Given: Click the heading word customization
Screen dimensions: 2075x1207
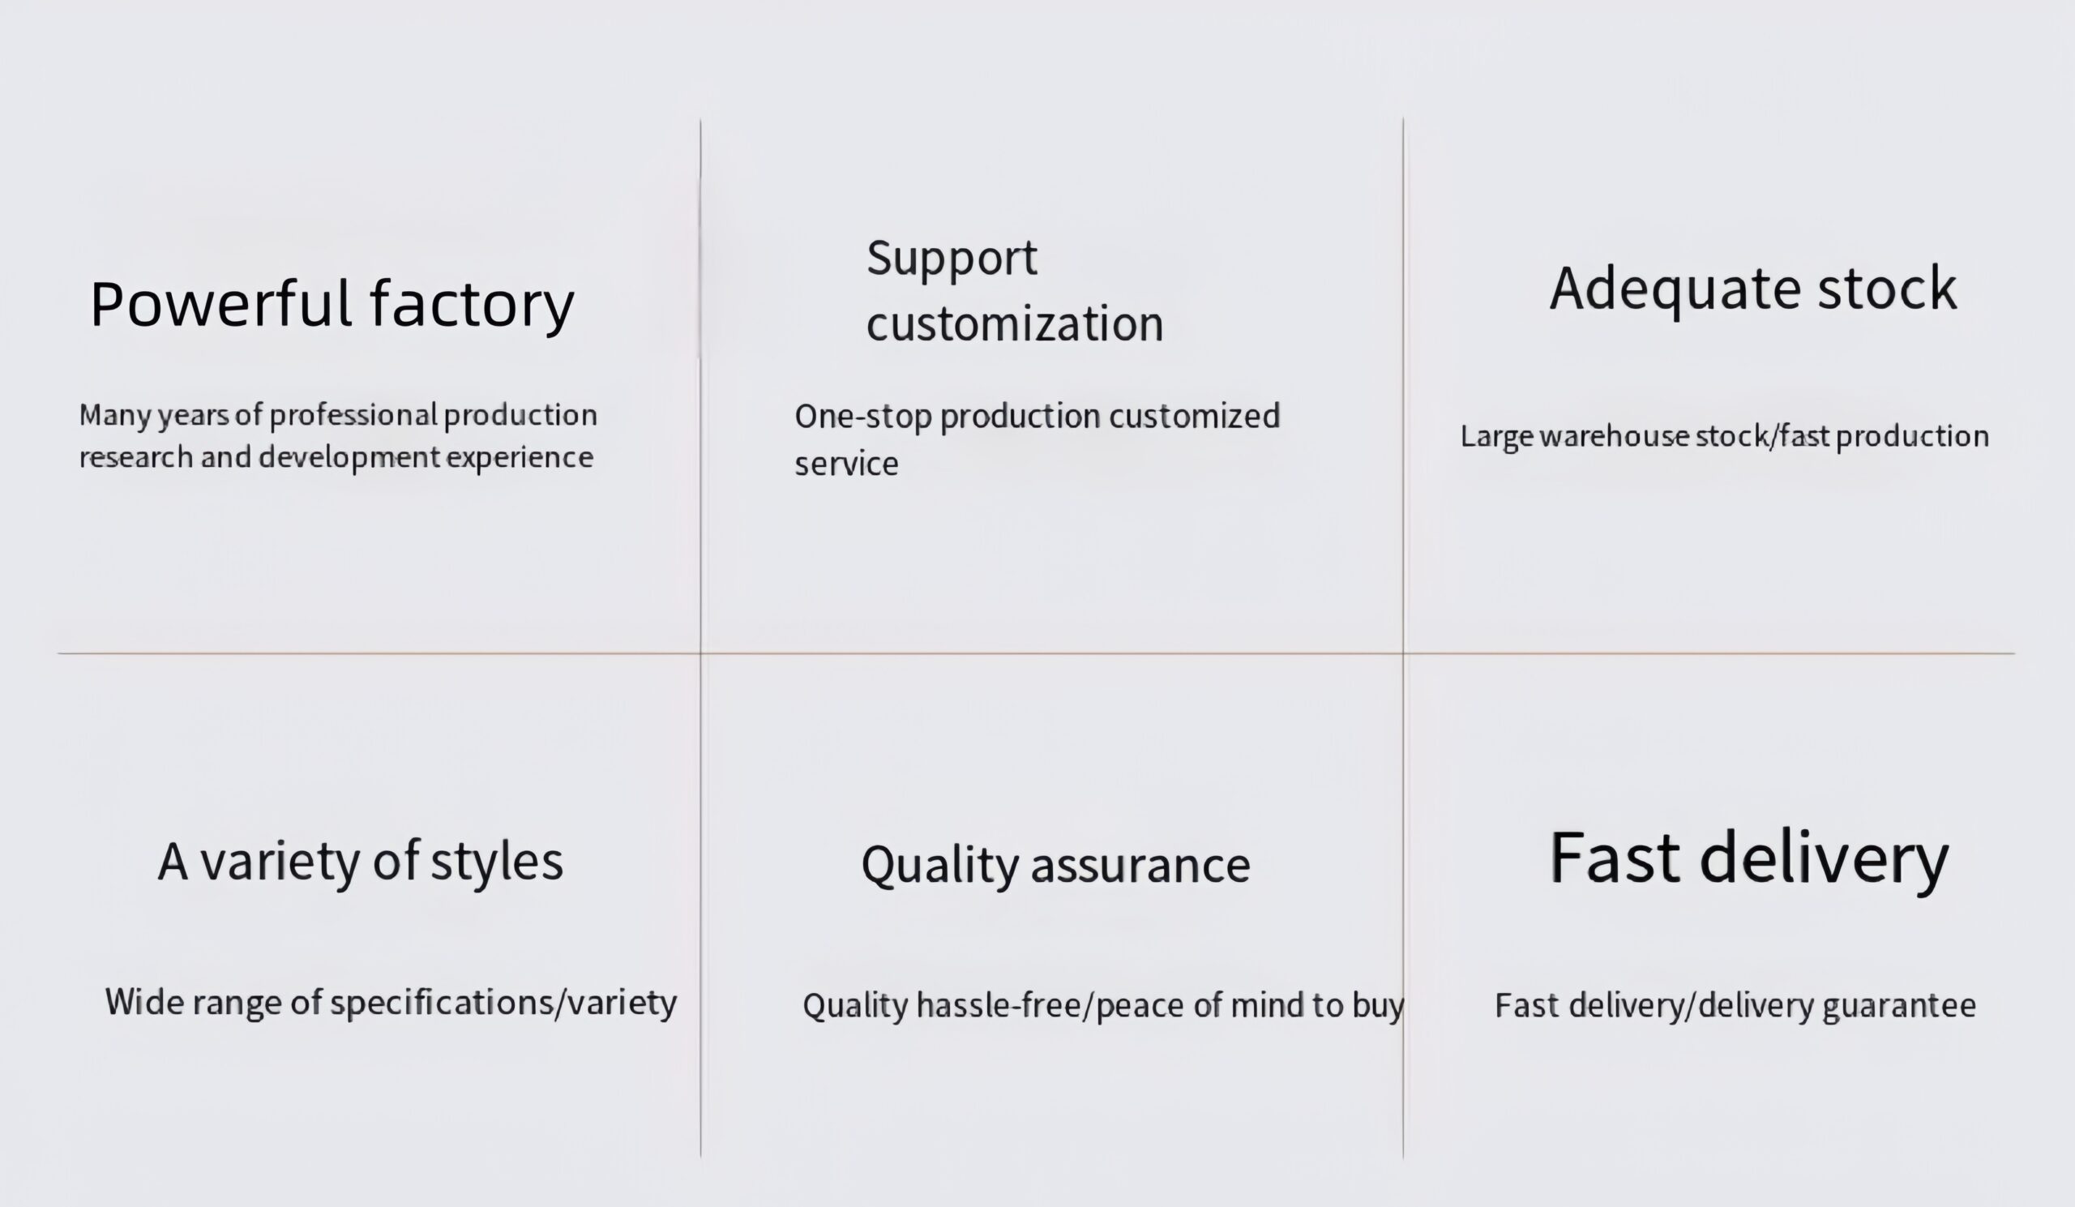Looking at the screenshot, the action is (1015, 323).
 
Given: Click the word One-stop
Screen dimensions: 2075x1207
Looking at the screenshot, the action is (862, 417).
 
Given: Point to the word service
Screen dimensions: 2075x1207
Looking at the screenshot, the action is (846, 464).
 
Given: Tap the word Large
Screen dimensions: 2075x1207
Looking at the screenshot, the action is (1496, 437).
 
